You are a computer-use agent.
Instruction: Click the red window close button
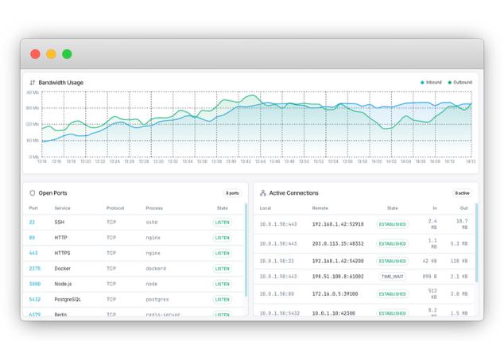click(x=35, y=54)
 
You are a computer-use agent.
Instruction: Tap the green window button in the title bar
click(x=67, y=54)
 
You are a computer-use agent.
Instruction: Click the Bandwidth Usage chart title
click(x=60, y=83)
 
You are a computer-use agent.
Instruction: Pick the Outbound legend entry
click(x=459, y=83)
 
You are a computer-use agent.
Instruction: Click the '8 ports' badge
click(x=232, y=192)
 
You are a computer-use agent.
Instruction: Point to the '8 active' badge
click(x=462, y=192)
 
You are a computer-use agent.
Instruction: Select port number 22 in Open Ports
click(x=32, y=223)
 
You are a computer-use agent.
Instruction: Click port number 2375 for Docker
click(x=35, y=269)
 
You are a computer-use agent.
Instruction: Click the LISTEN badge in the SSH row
click(x=222, y=223)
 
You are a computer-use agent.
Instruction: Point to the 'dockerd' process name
click(x=157, y=269)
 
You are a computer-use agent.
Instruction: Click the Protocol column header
click(x=115, y=208)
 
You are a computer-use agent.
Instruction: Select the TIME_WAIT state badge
click(x=392, y=277)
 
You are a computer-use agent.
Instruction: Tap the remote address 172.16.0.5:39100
click(x=335, y=294)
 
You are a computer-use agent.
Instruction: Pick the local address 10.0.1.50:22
click(x=277, y=261)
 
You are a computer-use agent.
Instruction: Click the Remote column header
click(x=320, y=208)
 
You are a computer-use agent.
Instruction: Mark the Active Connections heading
click(x=293, y=193)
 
